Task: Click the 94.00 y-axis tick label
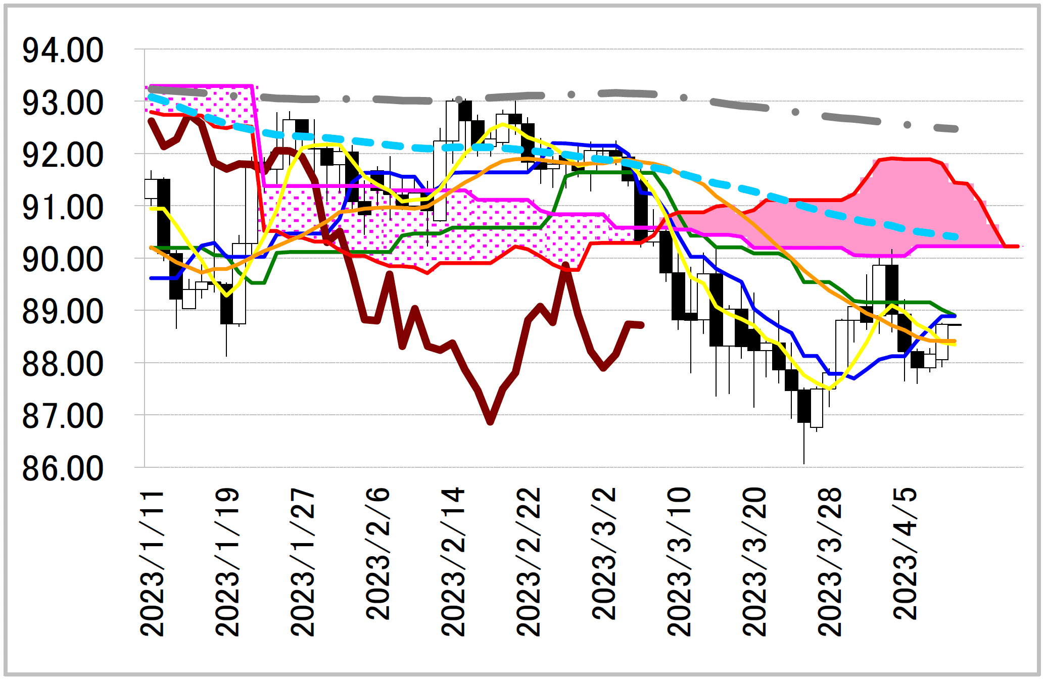click(63, 51)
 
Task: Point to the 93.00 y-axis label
click(63, 103)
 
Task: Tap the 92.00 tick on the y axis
click(63, 155)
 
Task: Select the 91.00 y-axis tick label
click(63, 208)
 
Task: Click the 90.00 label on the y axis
click(63, 260)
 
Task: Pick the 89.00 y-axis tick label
click(63, 312)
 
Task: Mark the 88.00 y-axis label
click(63, 364)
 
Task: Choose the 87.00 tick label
click(63, 416)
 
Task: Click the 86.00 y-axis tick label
click(63, 469)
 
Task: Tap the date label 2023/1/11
click(152, 562)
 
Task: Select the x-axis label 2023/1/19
click(227, 562)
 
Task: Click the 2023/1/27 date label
click(303, 562)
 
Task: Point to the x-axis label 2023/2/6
click(378, 554)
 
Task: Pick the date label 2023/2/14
click(453, 562)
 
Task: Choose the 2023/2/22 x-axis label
click(529, 562)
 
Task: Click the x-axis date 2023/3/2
click(604, 554)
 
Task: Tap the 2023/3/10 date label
click(679, 562)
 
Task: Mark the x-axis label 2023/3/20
click(754, 562)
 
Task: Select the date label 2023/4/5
click(905, 554)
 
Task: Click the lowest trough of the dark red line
click(490, 421)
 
